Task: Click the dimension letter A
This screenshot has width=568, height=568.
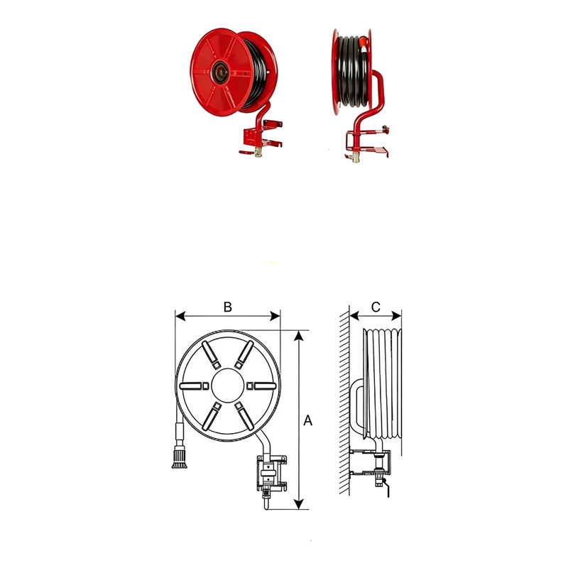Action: tap(307, 420)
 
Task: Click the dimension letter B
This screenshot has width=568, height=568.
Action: tap(227, 307)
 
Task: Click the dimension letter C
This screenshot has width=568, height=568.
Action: tap(376, 307)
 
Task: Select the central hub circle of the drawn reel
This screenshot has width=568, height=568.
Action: tap(227, 386)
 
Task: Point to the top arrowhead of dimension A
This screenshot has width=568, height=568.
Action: tap(298, 336)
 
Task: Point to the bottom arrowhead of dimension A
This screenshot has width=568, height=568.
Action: tap(298, 504)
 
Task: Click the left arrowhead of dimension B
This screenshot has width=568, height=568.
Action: tap(180, 316)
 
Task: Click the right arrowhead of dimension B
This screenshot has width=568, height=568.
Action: tap(275, 316)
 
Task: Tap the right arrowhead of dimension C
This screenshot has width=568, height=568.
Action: tap(397, 316)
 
